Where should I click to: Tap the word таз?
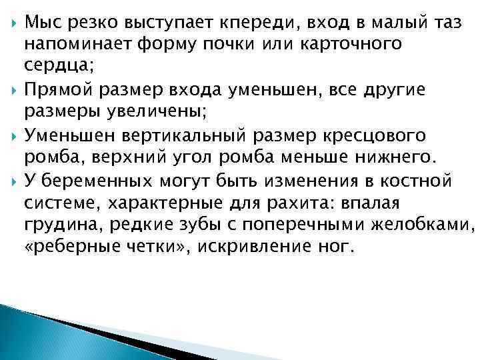pos(436,25)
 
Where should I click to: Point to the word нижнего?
pos(405,157)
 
